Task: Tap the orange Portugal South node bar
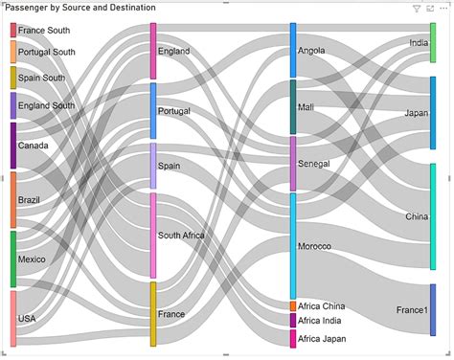click(13, 52)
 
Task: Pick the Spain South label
click(41, 78)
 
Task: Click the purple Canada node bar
click(13, 146)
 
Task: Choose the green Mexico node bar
click(13, 259)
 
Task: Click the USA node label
click(27, 319)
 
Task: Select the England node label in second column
click(174, 52)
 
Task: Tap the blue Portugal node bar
click(153, 110)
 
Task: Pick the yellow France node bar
click(153, 314)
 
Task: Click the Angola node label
click(312, 50)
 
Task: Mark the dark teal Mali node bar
click(293, 106)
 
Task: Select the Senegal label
click(314, 164)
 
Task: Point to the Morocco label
click(315, 246)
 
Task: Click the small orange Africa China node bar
click(293, 306)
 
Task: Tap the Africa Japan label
click(322, 339)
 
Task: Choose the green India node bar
click(432, 43)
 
